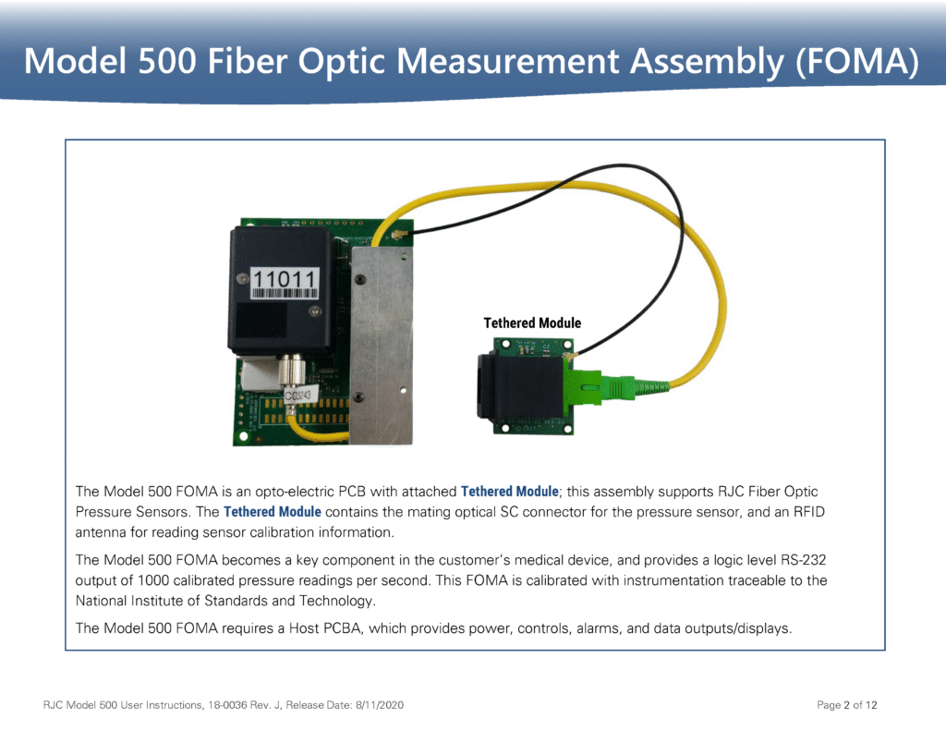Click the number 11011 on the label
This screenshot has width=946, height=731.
[x=285, y=277]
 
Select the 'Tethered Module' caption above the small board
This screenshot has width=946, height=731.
[x=532, y=323]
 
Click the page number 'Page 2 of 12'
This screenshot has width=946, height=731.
[x=847, y=705]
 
